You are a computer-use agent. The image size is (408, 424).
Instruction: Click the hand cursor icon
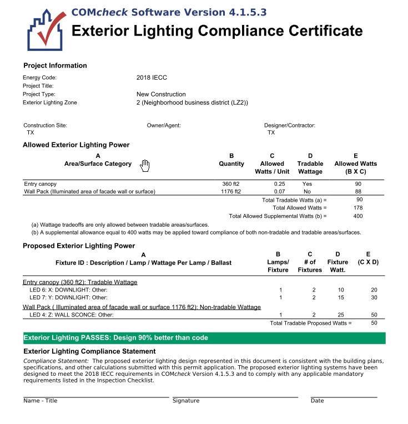tap(145, 165)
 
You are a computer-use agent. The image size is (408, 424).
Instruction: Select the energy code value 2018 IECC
tap(152, 78)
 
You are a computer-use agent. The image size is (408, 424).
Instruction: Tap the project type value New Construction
tap(161, 94)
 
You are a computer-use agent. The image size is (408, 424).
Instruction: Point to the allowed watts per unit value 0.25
tap(279, 183)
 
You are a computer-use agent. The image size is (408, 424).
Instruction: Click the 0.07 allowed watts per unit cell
tap(279, 192)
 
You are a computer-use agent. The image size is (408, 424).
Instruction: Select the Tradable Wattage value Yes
tap(308, 183)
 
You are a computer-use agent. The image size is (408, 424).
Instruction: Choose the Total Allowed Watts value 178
tap(359, 208)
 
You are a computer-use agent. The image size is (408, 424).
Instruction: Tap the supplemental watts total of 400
tap(358, 216)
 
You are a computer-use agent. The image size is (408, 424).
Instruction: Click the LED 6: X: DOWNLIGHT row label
tap(68, 290)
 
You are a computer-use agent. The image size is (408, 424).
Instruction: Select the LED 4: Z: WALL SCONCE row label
tap(72, 315)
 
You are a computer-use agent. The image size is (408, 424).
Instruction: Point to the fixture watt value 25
tap(341, 315)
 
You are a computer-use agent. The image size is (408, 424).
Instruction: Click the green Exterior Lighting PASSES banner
tap(204, 338)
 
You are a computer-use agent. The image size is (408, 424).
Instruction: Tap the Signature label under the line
tap(186, 401)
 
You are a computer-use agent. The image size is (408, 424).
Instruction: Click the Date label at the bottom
tap(317, 401)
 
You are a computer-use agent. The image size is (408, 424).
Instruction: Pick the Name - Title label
tap(40, 401)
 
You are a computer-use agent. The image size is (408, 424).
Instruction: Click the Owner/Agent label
tap(164, 125)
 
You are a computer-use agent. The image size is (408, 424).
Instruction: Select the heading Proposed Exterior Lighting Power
tap(78, 246)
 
